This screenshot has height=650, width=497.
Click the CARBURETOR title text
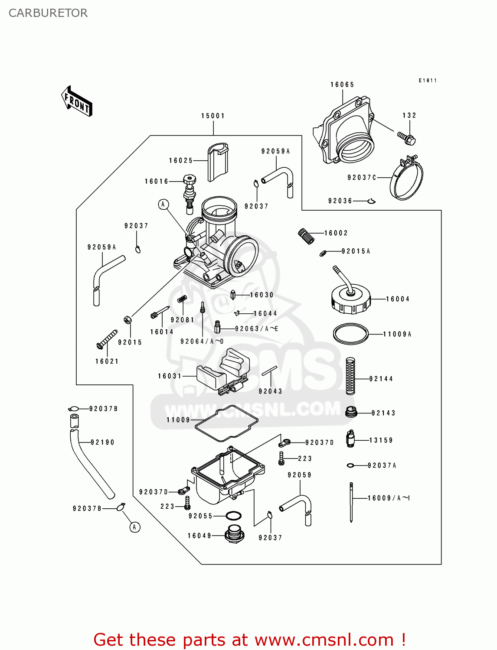coord(48,13)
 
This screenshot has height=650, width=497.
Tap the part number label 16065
coord(342,84)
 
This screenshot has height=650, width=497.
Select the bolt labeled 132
coord(407,138)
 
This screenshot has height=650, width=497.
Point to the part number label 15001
coord(213,116)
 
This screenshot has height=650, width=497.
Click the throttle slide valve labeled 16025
coord(218,162)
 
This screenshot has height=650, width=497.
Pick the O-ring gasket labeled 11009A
coord(350,334)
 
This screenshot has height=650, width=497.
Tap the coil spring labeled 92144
coord(350,376)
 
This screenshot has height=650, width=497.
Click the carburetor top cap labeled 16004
coord(351,299)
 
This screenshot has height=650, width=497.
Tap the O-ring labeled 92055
coord(234,516)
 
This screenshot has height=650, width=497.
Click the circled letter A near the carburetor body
coord(163,204)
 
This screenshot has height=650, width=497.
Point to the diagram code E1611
coord(428,81)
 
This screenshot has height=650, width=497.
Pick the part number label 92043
coord(270,391)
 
